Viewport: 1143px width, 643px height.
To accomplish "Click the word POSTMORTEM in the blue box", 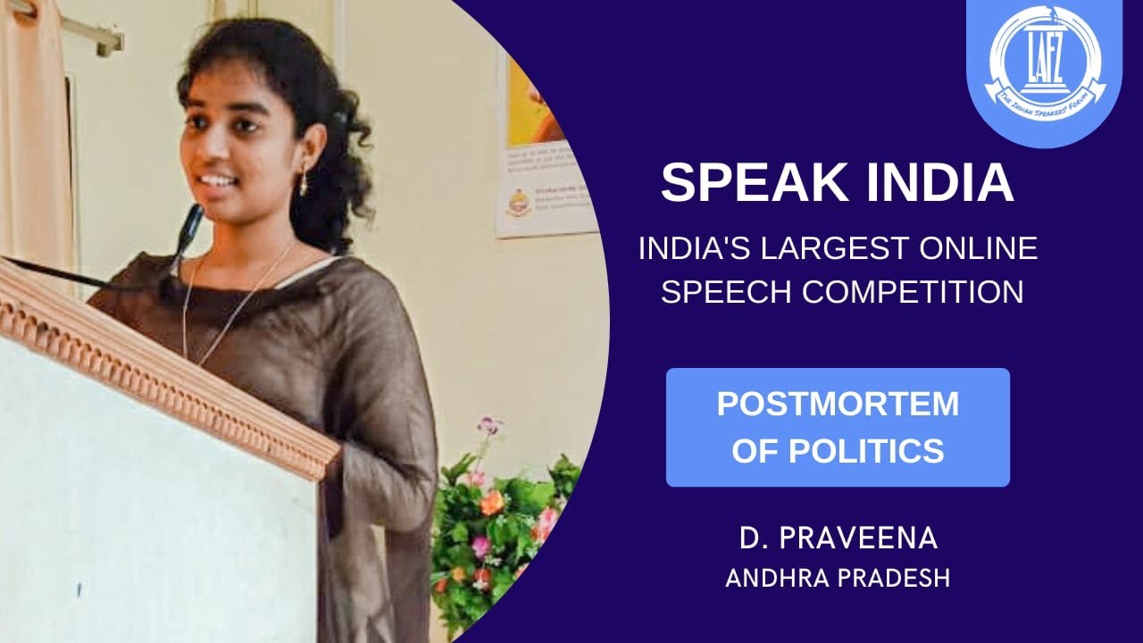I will coord(838,404).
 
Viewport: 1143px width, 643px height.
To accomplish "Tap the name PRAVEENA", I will coord(864,539).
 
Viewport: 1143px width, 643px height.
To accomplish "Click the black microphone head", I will coord(189,223).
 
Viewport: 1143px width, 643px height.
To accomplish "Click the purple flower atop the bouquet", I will coord(488,425).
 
